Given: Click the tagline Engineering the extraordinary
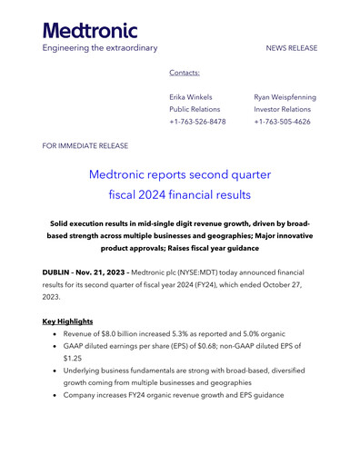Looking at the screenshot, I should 100,47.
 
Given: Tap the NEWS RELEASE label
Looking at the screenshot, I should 292,48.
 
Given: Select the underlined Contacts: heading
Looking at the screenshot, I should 185,73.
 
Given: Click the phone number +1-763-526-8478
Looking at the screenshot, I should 197,122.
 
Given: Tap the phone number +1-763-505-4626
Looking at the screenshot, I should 285,122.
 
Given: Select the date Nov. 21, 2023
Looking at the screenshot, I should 109,272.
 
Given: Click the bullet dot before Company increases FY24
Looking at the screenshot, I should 56,396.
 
